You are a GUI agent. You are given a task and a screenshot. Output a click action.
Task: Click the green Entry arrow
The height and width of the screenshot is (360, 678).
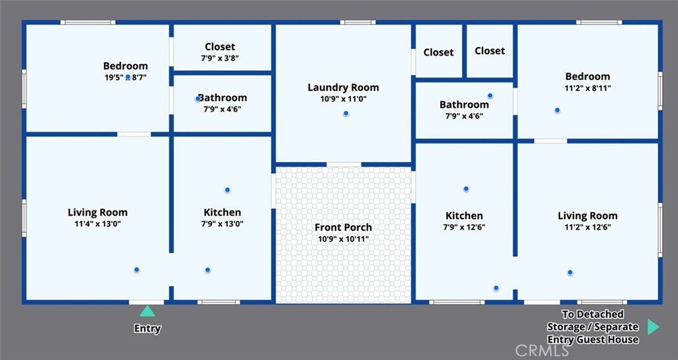point(147,311)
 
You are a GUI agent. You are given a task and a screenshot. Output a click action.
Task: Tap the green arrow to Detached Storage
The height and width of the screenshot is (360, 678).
point(654,327)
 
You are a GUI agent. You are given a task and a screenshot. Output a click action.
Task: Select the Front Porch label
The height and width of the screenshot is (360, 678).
point(344,228)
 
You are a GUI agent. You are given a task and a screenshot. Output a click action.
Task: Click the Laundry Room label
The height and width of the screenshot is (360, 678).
point(344,87)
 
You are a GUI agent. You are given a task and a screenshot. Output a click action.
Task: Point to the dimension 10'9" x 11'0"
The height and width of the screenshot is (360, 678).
point(344,99)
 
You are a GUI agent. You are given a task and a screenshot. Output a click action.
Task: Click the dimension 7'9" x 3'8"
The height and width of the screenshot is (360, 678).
point(220,58)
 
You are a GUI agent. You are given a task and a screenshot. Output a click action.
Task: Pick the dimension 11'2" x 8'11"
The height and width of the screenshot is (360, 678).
point(588,88)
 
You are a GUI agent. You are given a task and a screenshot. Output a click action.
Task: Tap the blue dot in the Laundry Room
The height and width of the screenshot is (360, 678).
point(346,114)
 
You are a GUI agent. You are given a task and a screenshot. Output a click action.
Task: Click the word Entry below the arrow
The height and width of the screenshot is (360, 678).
point(148,328)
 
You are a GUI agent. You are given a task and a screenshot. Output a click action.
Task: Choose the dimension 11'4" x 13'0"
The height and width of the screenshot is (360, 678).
point(98,224)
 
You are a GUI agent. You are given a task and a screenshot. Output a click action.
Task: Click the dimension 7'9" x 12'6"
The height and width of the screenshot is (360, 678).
point(464,228)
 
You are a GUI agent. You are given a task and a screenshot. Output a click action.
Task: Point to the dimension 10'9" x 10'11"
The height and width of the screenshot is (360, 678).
point(344,239)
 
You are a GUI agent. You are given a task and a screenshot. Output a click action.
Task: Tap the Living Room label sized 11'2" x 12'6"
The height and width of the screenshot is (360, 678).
point(588,216)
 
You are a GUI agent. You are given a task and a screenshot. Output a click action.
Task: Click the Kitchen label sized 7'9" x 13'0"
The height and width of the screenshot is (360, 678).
point(222,212)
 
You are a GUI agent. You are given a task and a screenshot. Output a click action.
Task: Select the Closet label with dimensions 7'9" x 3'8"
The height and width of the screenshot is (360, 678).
point(220,47)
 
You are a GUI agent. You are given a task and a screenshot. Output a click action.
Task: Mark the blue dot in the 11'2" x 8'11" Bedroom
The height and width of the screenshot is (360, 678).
point(557,111)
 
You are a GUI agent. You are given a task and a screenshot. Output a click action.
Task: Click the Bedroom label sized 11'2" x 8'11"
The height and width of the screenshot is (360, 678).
point(588,77)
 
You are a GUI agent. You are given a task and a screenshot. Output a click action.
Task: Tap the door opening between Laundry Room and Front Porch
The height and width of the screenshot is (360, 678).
point(344,164)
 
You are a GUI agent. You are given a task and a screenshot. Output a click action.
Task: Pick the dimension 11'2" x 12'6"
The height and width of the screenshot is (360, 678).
point(588,228)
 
